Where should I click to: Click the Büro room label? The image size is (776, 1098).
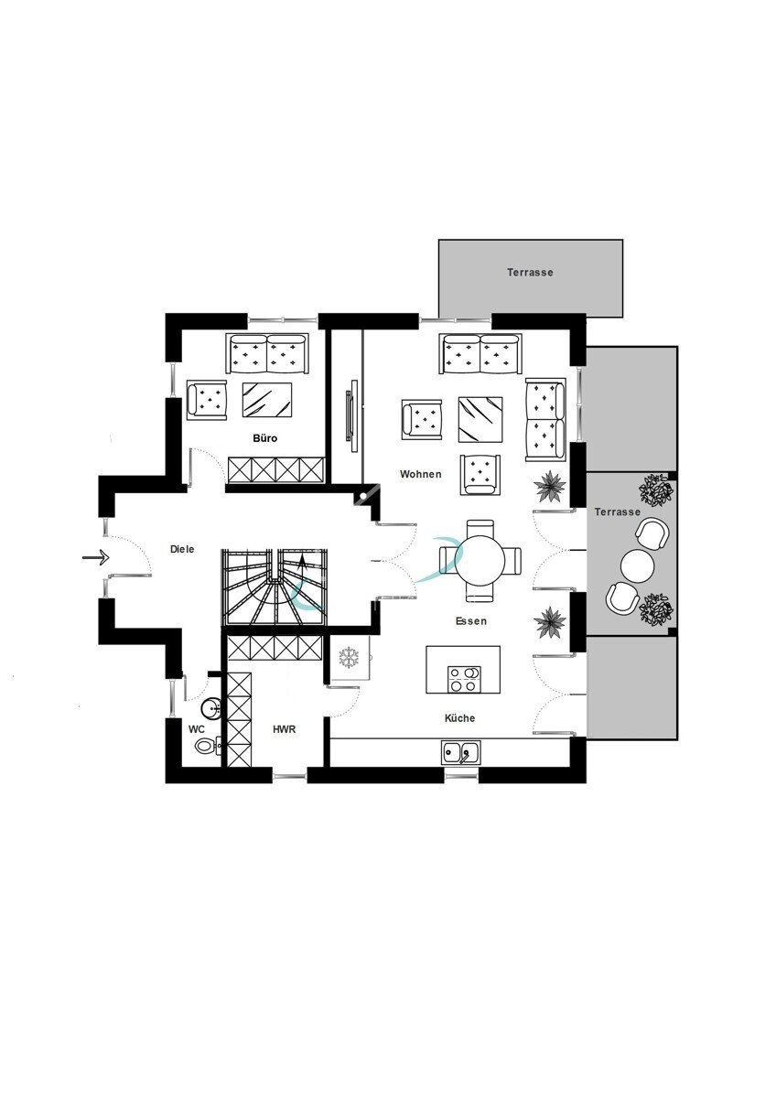[264, 438]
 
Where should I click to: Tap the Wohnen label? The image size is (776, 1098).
[421, 474]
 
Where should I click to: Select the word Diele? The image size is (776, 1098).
[182, 549]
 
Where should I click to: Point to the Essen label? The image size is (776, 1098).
[471, 621]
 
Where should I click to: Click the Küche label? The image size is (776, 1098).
[459, 718]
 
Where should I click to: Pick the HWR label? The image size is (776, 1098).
[285, 729]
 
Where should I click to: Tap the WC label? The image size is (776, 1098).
[196, 729]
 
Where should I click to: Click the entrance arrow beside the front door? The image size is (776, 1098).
[95, 557]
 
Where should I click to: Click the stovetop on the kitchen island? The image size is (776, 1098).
[464, 679]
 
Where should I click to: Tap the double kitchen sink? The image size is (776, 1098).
[461, 752]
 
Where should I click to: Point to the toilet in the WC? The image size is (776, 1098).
[207, 746]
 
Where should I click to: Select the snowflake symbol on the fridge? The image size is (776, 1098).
[350, 657]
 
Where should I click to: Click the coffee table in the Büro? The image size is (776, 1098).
[267, 400]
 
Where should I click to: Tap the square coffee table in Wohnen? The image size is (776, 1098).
[480, 420]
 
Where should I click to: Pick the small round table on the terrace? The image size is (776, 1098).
[637, 565]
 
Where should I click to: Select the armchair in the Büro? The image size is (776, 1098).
[207, 400]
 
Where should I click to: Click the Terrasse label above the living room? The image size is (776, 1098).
[530, 273]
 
